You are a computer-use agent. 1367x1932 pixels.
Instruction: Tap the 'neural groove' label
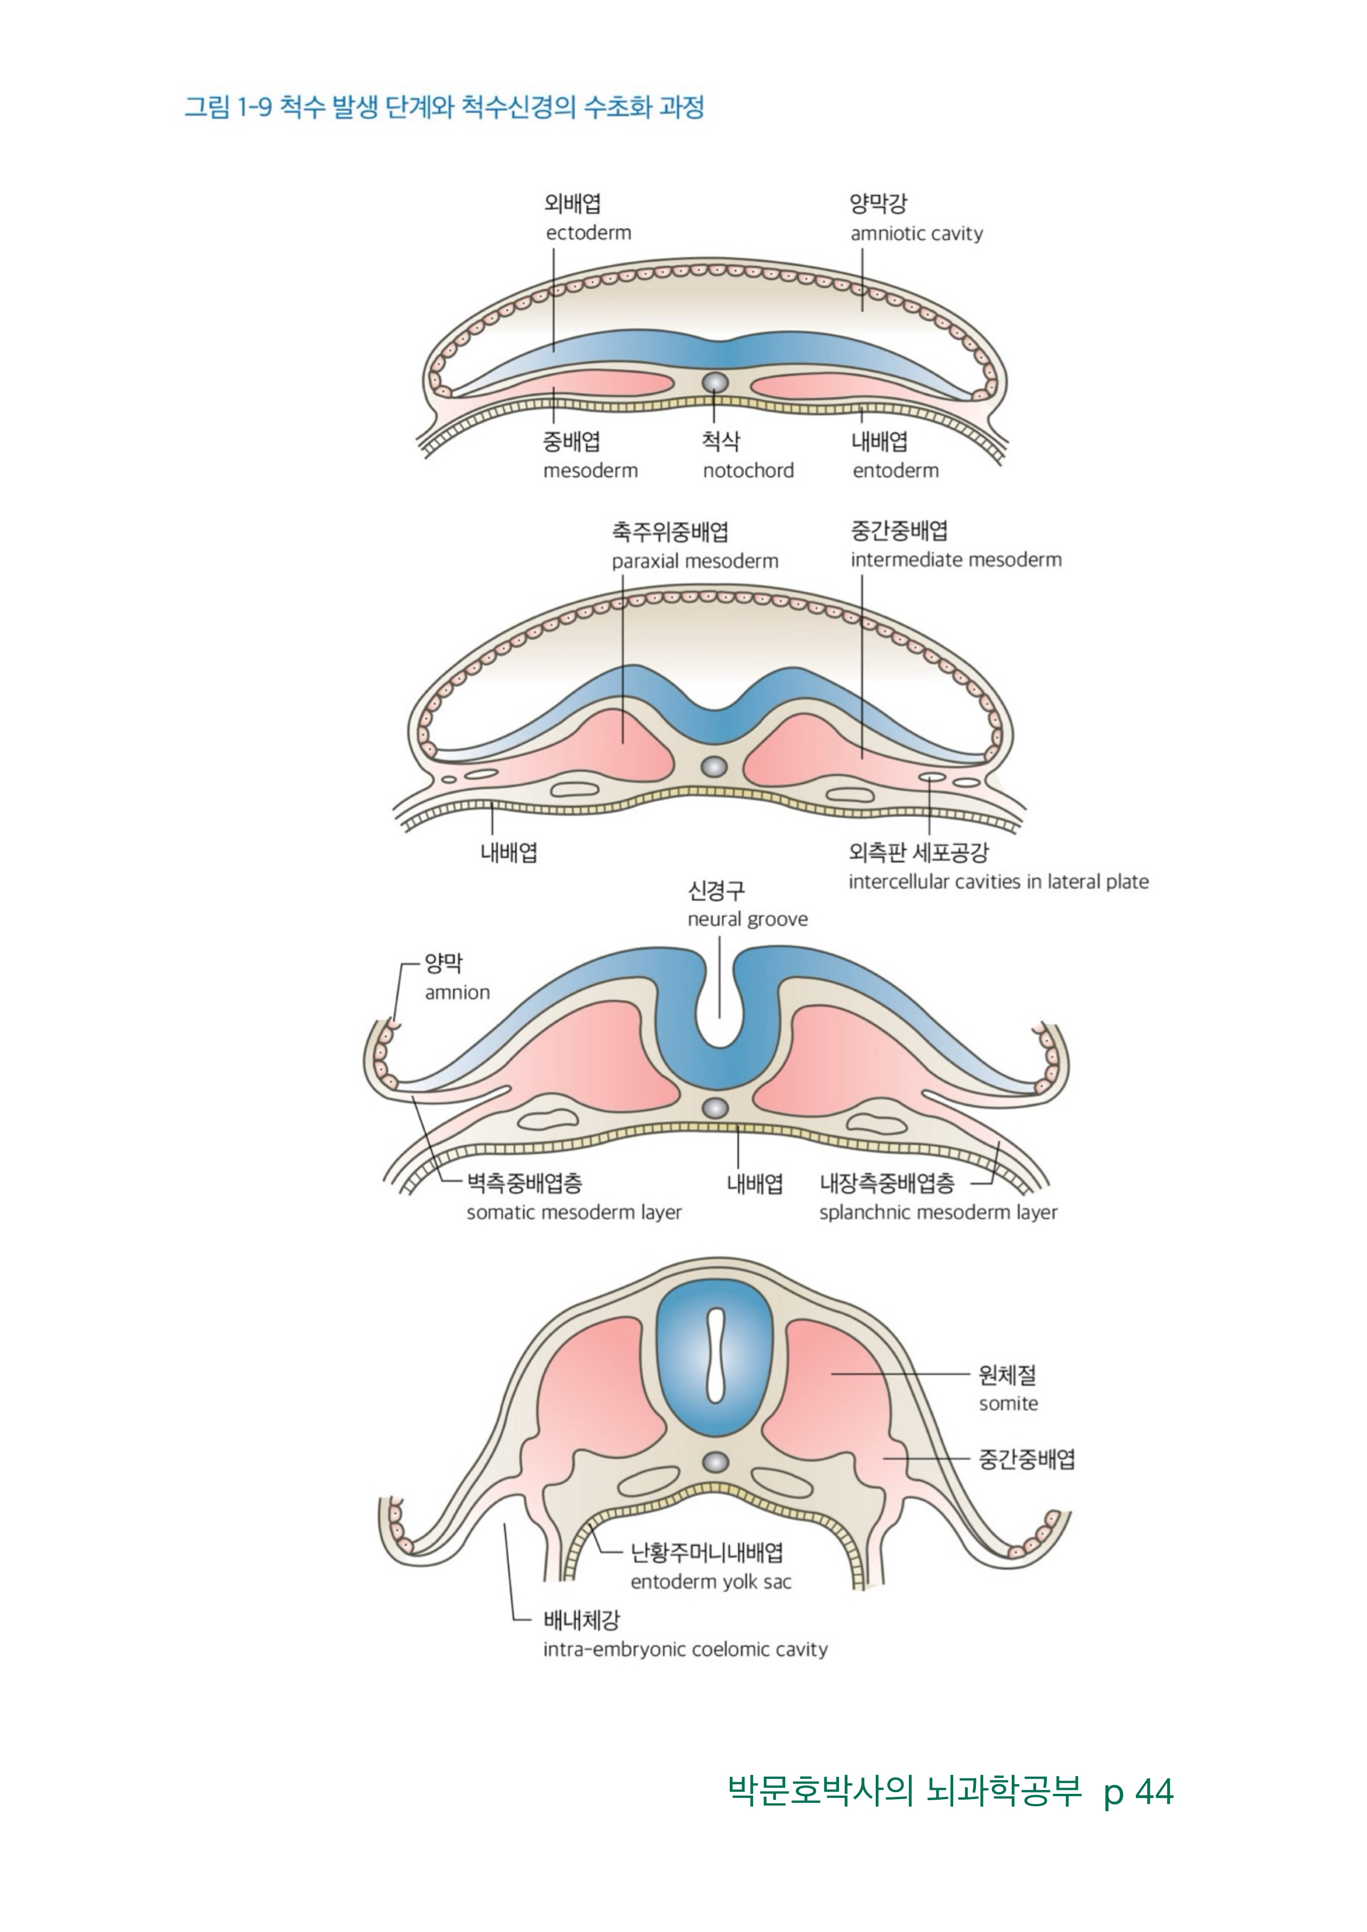(x=747, y=920)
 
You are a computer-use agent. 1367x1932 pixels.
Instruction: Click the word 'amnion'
(x=457, y=993)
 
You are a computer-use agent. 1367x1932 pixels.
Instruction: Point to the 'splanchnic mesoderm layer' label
(x=938, y=1213)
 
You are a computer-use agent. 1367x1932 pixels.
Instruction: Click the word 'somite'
(x=1008, y=1403)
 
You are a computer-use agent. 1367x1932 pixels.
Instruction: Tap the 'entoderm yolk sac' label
(x=711, y=1582)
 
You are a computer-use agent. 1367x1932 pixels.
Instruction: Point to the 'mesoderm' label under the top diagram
(x=590, y=470)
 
